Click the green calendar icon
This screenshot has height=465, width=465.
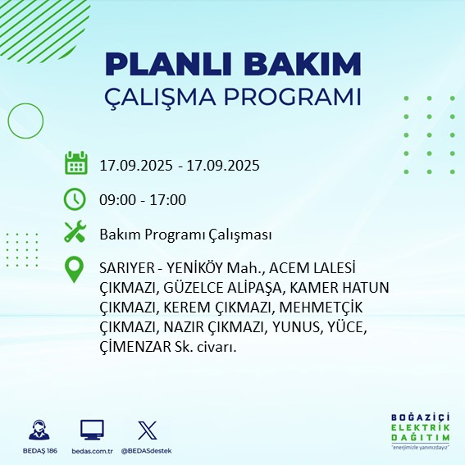point(75,163)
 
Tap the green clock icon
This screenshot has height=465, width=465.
point(75,198)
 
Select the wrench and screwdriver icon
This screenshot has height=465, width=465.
point(75,233)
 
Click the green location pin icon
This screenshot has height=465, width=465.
point(75,270)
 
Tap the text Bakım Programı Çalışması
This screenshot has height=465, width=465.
point(185,235)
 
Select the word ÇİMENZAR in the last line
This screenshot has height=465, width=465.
point(134,347)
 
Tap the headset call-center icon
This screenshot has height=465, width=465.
point(37,430)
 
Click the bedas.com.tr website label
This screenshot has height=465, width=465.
point(92,451)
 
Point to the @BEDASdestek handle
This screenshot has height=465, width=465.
point(147,451)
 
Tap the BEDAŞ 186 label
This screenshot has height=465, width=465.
point(37,451)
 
